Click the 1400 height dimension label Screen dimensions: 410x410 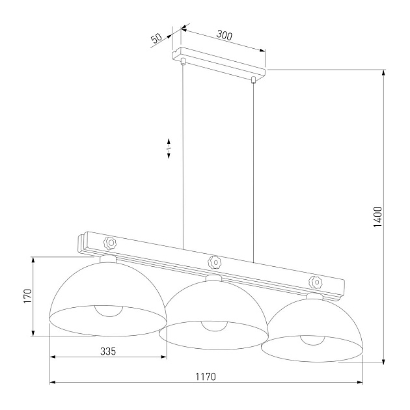click(x=378, y=217)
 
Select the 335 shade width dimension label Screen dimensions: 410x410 click(x=108, y=351)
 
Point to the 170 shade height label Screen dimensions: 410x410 click(x=27, y=296)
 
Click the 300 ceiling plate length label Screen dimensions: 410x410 click(x=224, y=36)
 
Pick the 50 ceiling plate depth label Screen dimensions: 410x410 click(x=157, y=38)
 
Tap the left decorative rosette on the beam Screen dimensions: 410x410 click(x=111, y=243)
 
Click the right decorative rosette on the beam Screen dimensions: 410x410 click(x=316, y=282)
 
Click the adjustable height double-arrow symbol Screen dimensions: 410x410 click(x=169, y=149)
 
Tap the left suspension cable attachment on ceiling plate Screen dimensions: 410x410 click(x=184, y=62)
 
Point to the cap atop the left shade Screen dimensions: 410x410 click(x=108, y=258)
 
